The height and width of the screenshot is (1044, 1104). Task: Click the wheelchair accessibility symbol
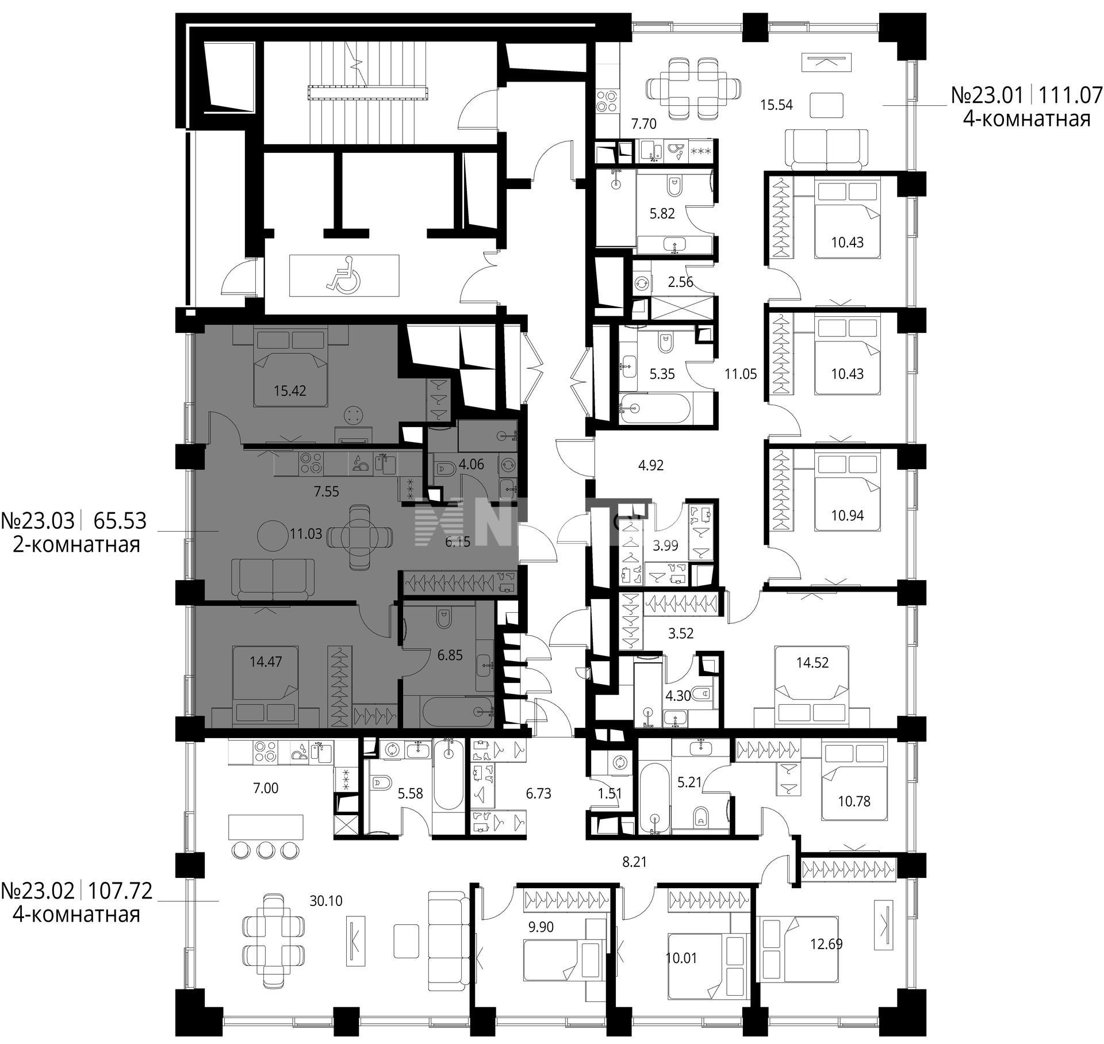pyautogui.click(x=343, y=275)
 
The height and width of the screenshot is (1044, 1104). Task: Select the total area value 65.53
pyautogui.click(x=120, y=521)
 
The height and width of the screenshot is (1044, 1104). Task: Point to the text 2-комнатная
pyautogui.click(x=76, y=544)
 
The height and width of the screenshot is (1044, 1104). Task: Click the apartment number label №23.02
pyautogui.click(x=38, y=891)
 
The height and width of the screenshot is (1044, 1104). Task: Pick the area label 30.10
pyautogui.click(x=326, y=901)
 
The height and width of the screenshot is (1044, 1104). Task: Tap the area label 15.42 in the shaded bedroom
pyautogui.click(x=290, y=391)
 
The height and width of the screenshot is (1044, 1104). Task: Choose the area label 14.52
pyautogui.click(x=812, y=662)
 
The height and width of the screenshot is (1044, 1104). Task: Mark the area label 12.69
pyautogui.click(x=826, y=944)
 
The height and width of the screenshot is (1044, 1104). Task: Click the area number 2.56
pyautogui.click(x=680, y=282)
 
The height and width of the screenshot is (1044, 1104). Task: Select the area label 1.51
pyautogui.click(x=609, y=794)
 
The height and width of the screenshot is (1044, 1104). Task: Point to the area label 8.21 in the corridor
pyautogui.click(x=635, y=862)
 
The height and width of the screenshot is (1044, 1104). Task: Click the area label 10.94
pyautogui.click(x=848, y=516)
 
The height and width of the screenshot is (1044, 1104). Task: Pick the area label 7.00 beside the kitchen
pyautogui.click(x=266, y=788)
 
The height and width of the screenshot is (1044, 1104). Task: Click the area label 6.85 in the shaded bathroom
pyautogui.click(x=450, y=655)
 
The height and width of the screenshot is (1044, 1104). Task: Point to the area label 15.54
pyautogui.click(x=777, y=105)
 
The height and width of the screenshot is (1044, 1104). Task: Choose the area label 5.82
pyautogui.click(x=662, y=213)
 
